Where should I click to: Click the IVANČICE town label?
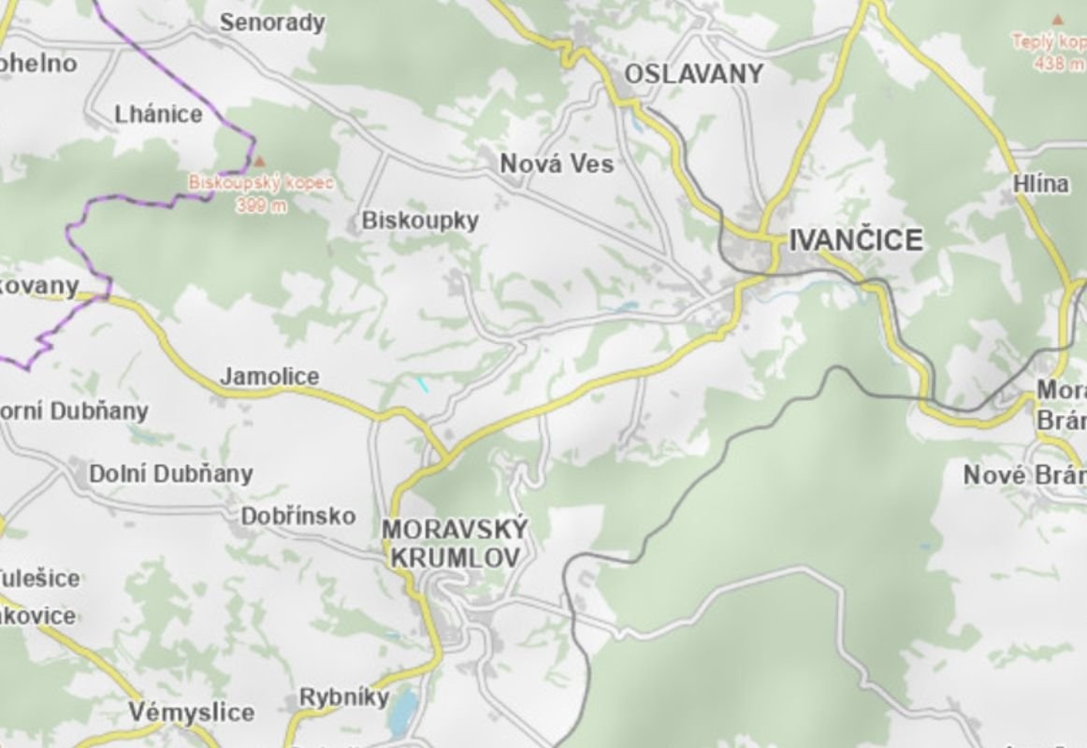pyautogui.click(x=856, y=240)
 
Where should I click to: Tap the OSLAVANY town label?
pyautogui.click(x=693, y=74)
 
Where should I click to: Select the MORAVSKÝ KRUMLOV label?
pyautogui.click(x=455, y=543)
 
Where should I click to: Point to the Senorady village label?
pyautogui.click(x=271, y=22)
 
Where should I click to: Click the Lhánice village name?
pyautogui.click(x=158, y=115)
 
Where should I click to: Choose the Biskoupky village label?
pyautogui.click(x=420, y=221)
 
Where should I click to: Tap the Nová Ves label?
pyautogui.click(x=557, y=164)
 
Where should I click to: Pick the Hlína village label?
pyautogui.click(x=1040, y=184)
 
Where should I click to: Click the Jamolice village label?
pyautogui.click(x=269, y=377)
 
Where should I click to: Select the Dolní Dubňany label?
pyautogui.click(x=170, y=474)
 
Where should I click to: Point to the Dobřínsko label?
pyautogui.click(x=298, y=516)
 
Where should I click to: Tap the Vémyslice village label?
pyautogui.click(x=191, y=712)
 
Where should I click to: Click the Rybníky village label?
pyautogui.click(x=343, y=698)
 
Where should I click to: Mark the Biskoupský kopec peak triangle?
pyautogui.click(x=260, y=162)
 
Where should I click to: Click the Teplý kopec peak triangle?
pyautogui.click(x=1057, y=19)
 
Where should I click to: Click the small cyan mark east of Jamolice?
pyautogui.click(x=423, y=383)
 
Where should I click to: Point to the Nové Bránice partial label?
pyautogui.click(x=1024, y=476)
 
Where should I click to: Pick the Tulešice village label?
pyautogui.click(x=39, y=578)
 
